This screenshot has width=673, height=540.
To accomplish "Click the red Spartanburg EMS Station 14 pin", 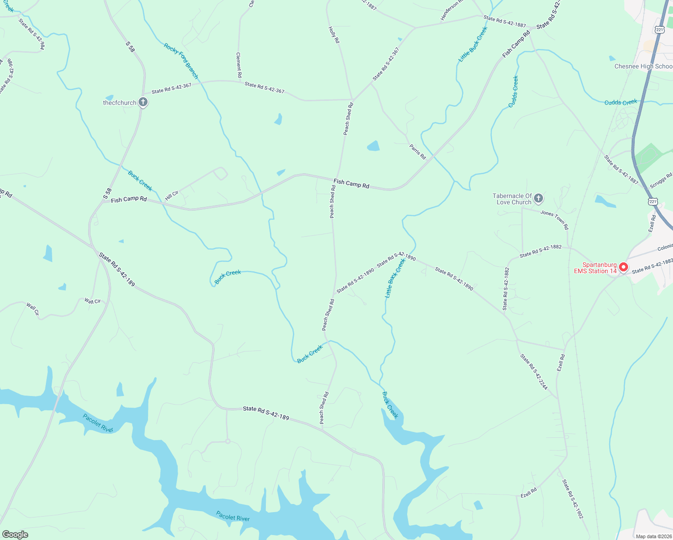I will [x=623, y=267].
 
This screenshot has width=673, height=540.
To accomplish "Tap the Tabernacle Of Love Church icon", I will [x=538, y=198].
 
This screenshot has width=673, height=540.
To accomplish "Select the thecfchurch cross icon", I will [x=143, y=103].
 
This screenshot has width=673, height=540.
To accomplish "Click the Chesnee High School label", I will [x=643, y=66].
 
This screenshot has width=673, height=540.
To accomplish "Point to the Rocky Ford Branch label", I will [x=181, y=61].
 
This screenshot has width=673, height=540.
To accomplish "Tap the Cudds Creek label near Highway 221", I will [x=620, y=102].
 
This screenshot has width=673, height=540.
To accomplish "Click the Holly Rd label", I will [x=334, y=35].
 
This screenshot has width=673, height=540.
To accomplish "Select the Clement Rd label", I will [x=239, y=65].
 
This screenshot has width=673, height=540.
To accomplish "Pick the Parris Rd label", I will [x=417, y=152].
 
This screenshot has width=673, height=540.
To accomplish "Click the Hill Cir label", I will [x=171, y=195].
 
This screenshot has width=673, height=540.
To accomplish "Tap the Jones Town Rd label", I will [x=554, y=220].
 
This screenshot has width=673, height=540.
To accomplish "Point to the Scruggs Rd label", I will [x=661, y=180].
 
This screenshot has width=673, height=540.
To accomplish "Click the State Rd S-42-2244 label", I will [x=534, y=372].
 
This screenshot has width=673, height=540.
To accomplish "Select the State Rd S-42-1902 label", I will [x=573, y=499].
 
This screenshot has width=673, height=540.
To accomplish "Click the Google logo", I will [x=15, y=534].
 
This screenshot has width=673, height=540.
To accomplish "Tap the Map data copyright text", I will [x=653, y=536].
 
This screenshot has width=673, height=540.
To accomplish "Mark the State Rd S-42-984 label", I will [x=31, y=34].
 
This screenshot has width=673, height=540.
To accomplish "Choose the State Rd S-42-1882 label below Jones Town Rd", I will [x=540, y=251].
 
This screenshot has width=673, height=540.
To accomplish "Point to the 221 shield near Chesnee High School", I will [x=660, y=30].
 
